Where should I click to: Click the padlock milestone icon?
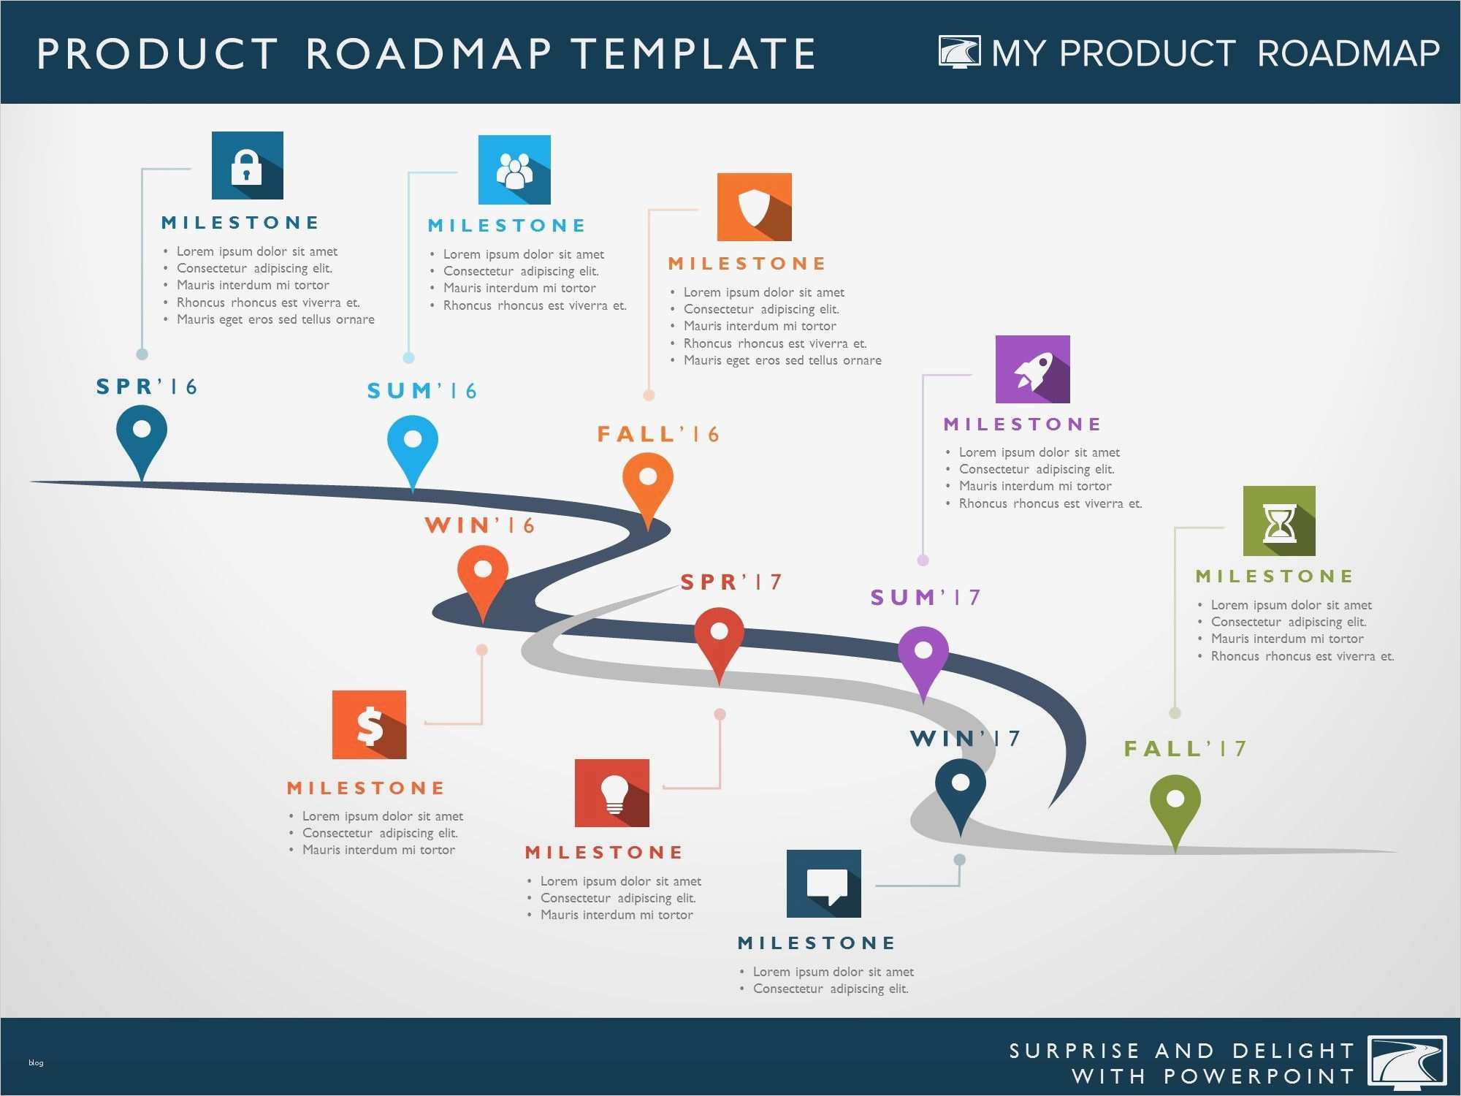(247, 166)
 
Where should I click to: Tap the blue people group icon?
(514, 170)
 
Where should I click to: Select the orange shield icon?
(754, 207)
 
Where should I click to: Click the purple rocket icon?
(1032, 369)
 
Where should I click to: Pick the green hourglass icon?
(1279, 521)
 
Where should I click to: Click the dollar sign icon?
(369, 725)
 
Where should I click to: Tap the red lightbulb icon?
(611, 793)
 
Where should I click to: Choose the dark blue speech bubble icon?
(823, 883)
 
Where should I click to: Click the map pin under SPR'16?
(142, 438)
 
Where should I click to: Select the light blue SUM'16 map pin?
(413, 447)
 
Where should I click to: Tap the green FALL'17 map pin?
(1175, 807)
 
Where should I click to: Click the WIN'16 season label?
(480, 525)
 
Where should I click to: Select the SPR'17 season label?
(731, 582)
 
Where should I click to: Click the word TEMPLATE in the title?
(693, 53)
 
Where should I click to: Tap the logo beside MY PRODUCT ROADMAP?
(959, 52)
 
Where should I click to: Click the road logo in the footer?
(1406, 1063)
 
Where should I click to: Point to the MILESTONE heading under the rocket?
(1022, 425)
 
